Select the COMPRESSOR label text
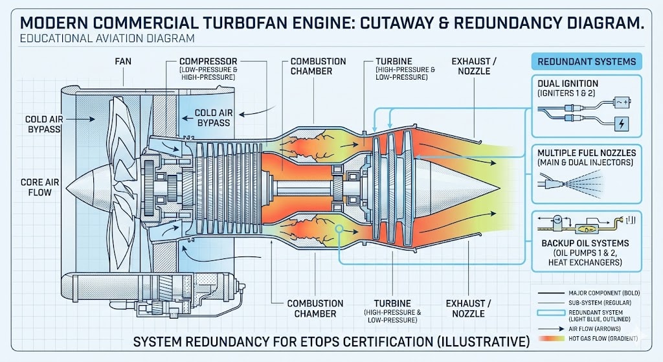(x=208, y=61)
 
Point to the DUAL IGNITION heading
(x=567, y=83)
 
